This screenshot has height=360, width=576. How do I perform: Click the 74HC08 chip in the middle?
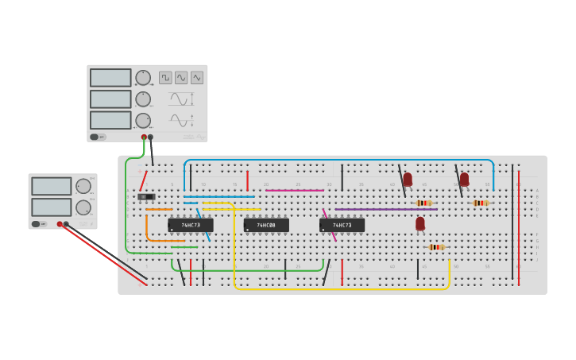pos(266,225)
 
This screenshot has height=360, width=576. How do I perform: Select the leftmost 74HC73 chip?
pos(191,225)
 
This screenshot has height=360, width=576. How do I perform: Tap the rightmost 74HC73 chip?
pos(342,225)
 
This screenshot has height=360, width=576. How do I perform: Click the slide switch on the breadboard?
pos(146,196)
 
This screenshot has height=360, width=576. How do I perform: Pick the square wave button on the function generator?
pos(165,78)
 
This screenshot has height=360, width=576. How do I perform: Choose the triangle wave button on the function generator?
pos(197,78)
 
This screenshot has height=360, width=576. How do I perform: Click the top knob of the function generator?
pos(143,78)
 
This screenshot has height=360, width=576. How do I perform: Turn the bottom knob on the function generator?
pos(143,121)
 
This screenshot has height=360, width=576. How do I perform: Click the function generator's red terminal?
pos(144,137)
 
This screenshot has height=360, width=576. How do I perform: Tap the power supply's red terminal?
pos(60,224)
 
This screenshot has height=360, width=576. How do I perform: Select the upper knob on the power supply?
pos(83,186)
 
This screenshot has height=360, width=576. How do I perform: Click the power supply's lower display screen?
pos(52,207)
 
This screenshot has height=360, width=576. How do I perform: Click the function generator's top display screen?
pos(110,78)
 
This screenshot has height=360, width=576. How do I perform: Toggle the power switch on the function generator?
pos(95,137)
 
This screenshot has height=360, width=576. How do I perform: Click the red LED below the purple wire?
pos(420,224)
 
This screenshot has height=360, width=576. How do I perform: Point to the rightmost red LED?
pos(465,180)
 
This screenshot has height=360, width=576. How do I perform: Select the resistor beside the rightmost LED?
pos(480,203)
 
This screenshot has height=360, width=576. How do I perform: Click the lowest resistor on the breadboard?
pos(436,247)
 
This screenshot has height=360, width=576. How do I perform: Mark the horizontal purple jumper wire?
pos(385,209)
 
